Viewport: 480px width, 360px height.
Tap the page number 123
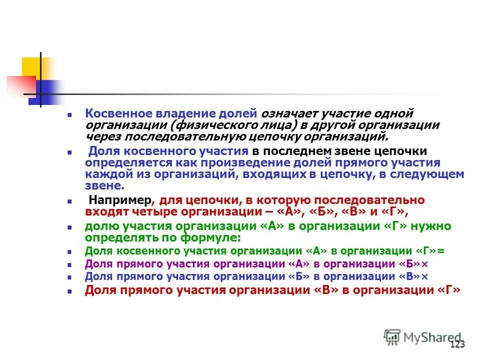point(457,344)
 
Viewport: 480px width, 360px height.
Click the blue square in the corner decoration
point(42,93)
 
